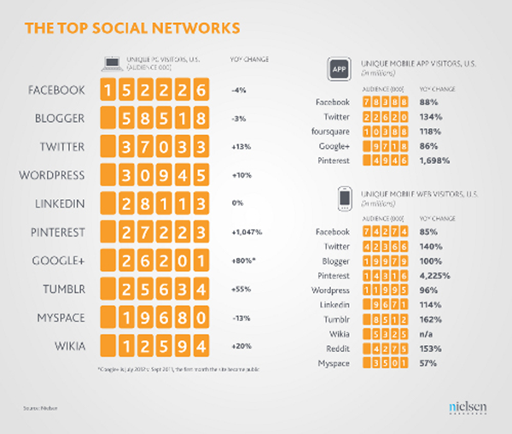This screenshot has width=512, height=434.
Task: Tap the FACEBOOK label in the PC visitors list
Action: coord(56,90)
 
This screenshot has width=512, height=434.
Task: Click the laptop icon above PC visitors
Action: coord(108,62)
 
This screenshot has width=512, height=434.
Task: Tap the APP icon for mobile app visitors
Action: coord(337,68)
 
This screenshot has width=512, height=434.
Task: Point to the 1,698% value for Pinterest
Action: coord(432,160)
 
